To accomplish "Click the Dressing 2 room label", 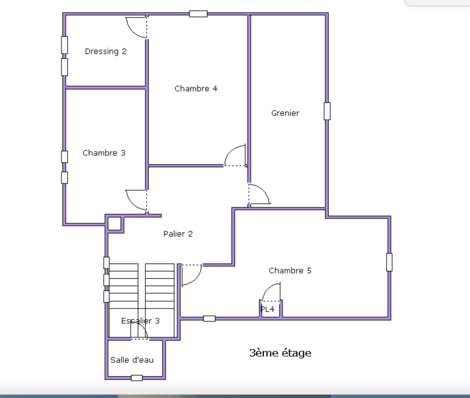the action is [106, 51].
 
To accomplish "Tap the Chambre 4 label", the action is [196, 88].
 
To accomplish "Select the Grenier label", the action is [285, 113].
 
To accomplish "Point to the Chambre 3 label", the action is [104, 153].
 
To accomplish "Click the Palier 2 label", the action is [178, 234].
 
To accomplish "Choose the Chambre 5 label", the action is [290, 270].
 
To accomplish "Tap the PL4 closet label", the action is [268, 309].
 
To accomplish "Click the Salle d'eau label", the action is [132, 360].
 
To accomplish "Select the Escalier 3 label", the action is [140, 321].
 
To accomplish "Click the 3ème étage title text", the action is [280, 353].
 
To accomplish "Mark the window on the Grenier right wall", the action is [327, 111].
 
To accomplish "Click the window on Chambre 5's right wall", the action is [389, 262].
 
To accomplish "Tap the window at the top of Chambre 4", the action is [198, 14].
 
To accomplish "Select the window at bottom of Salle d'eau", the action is [137, 378].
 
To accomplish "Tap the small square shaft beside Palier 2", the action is [115, 224].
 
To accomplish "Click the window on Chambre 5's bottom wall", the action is [209, 318].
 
